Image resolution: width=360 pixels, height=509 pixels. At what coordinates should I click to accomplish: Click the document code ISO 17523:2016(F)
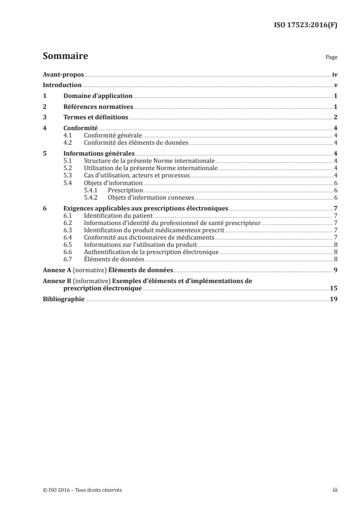308,25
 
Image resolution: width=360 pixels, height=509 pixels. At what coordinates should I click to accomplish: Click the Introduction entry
62,85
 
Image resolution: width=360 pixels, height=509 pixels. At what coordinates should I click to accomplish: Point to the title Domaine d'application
98,96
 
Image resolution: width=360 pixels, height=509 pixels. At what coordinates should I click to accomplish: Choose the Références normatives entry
98,107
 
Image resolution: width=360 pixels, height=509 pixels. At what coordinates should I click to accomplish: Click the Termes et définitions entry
96,117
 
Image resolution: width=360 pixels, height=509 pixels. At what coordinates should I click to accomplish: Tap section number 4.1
68,135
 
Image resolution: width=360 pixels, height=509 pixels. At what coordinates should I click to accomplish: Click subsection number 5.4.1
92,191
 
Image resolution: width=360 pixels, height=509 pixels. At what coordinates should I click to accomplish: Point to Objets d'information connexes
151,197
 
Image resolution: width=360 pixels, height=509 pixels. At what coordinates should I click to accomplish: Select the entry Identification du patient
116,215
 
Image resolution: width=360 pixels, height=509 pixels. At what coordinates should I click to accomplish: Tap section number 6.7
68,259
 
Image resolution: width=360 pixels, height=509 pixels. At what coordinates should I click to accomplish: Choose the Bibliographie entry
64,299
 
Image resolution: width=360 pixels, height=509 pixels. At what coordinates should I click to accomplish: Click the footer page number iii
335,490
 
